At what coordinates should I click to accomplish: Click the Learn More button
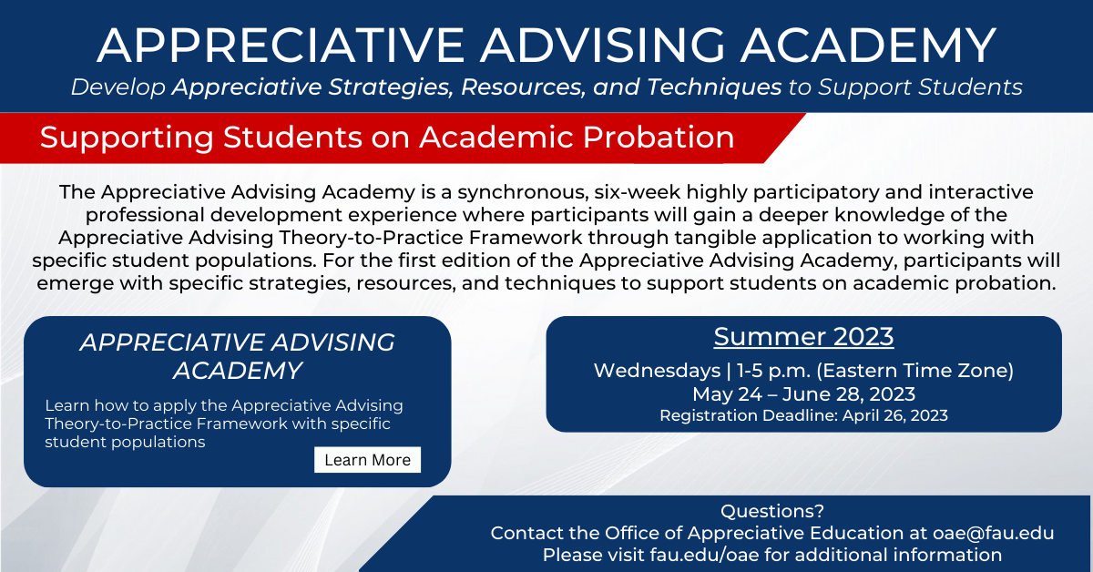click(x=367, y=460)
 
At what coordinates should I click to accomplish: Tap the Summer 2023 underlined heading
click(x=803, y=337)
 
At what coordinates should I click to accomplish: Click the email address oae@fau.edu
click(x=994, y=533)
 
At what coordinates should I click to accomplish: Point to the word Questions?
click(x=772, y=511)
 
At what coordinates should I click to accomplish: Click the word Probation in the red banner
click(x=659, y=138)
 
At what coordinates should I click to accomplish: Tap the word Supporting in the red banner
click(x=127, y=138)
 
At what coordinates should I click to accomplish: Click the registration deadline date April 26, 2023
click(x=894, y=415)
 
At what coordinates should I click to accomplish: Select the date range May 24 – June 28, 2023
click(x=803, y=393)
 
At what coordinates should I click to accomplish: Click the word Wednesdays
click(x=658, y=371)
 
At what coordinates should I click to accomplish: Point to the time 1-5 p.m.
click(x=774, y=371)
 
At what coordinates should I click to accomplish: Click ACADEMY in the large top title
click(x=869, y=46)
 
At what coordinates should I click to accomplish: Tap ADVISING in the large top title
click(x=603, y=46)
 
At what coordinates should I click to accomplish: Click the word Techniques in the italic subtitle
click(x=714, y=87)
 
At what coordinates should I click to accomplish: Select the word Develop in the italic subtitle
click(x=118, y=87)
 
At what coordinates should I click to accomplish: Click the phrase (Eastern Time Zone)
click(x=915, y=371)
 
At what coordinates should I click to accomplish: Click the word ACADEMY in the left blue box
click(x=238, y=371)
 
